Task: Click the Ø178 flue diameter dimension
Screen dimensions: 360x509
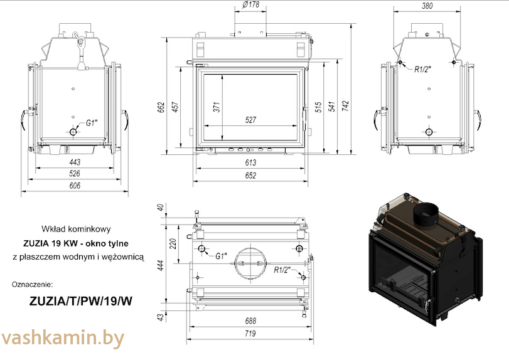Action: (x=250, y=6)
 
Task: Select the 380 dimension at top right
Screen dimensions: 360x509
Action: (x=428, y=6)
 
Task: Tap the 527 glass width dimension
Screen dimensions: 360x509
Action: (x=251, y=120)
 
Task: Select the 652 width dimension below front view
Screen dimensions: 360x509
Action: (x=251, y=176)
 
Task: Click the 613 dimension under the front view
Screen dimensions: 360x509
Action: (x=251, y=162)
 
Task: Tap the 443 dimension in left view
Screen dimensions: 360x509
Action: (x=75, y=162)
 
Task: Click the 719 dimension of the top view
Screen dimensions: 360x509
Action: (x=250, y=334)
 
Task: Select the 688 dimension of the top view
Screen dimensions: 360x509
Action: (x=250, y=321)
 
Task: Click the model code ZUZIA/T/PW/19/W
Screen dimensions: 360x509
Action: (x=81, y=300)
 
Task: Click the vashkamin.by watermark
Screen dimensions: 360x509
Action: (x=63, y=339)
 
